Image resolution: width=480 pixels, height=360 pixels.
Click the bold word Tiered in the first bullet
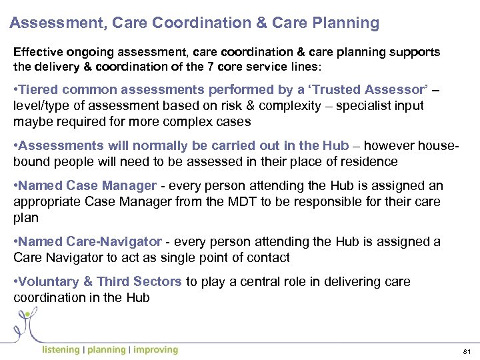pyautogui.click(x=39, y=90)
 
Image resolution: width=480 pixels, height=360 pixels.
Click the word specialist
pyautogui.click(x=366, y=105)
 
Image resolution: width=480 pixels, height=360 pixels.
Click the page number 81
pyautogui.click(x=465, y=351)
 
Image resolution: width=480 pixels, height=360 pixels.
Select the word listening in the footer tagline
pyautogui.click(x=61, y=350)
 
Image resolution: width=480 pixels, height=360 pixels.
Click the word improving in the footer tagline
pyautogui.click(x=155, y=350)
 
